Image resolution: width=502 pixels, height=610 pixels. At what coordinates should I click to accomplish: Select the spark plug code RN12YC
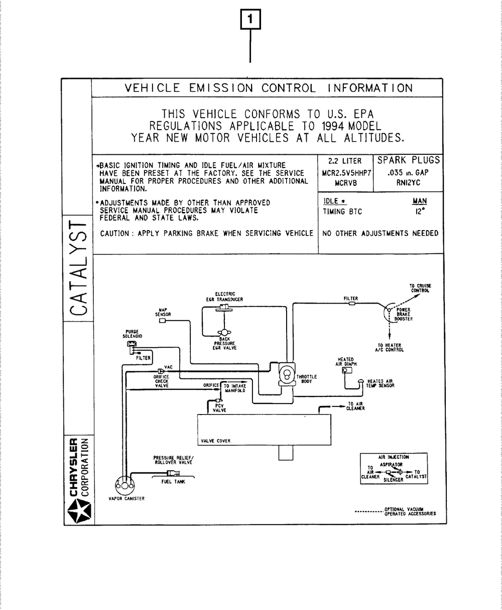[408, 183]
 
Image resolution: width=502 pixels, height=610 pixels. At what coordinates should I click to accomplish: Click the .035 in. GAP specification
[408, 173]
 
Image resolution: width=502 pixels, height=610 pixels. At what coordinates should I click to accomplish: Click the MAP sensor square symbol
[163, 322]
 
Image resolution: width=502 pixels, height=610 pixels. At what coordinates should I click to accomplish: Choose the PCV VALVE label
[219, 408]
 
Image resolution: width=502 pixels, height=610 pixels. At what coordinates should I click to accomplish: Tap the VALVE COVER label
[215, 441]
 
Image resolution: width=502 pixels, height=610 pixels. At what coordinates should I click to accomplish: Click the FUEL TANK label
[173, 481]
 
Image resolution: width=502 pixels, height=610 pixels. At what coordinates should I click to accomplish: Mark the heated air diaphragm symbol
[346, 371]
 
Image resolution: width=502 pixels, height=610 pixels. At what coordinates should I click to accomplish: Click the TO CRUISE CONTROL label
[421, 288]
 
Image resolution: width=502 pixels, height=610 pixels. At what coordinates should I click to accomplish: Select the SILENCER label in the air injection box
[394, 480]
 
